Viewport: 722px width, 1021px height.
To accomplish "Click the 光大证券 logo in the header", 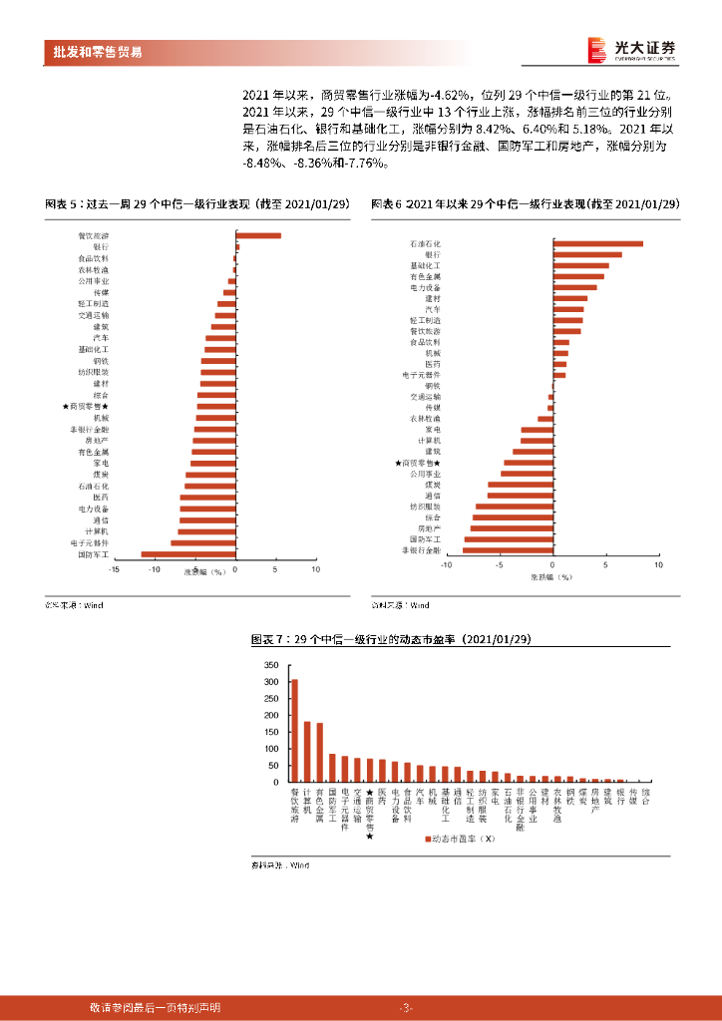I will [632, 50].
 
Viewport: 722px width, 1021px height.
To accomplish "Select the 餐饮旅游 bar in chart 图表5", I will [258, 235].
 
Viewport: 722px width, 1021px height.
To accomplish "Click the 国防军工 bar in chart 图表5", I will [188, 553].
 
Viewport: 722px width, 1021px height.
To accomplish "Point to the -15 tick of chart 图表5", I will [115, 569].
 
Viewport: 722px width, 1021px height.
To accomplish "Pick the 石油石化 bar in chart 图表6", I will [598, 243].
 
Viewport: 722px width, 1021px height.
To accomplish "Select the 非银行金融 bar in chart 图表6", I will [508, 549].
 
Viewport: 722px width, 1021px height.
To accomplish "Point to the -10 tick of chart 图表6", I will [448, 564].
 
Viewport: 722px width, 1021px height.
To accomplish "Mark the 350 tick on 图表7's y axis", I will [271, 664].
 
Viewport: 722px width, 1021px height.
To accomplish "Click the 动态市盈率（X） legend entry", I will [461, 839].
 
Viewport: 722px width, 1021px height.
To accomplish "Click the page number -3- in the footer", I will [405, 1007].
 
